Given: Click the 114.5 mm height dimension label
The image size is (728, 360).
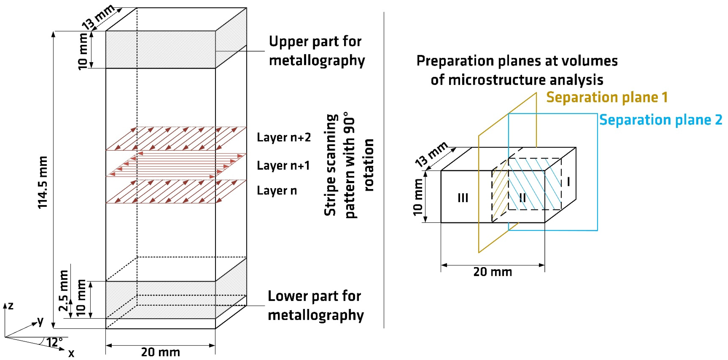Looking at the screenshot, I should (x=43, y=182).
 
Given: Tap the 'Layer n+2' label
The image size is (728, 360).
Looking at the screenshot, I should (x=283, y=137).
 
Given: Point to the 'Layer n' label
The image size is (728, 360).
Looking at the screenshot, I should (x=277, y=191).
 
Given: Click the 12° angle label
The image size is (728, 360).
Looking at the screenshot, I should (x=54, y=342).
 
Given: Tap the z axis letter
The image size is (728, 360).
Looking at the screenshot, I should (x=11, y=306).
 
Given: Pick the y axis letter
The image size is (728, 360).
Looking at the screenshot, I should (x=41, y=321).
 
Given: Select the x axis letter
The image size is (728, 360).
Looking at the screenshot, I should (x=71, y=353).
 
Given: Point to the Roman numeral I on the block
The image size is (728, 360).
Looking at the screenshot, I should (x=568, y=181).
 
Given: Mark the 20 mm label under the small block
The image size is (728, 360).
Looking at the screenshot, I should (x=493, y=272).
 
